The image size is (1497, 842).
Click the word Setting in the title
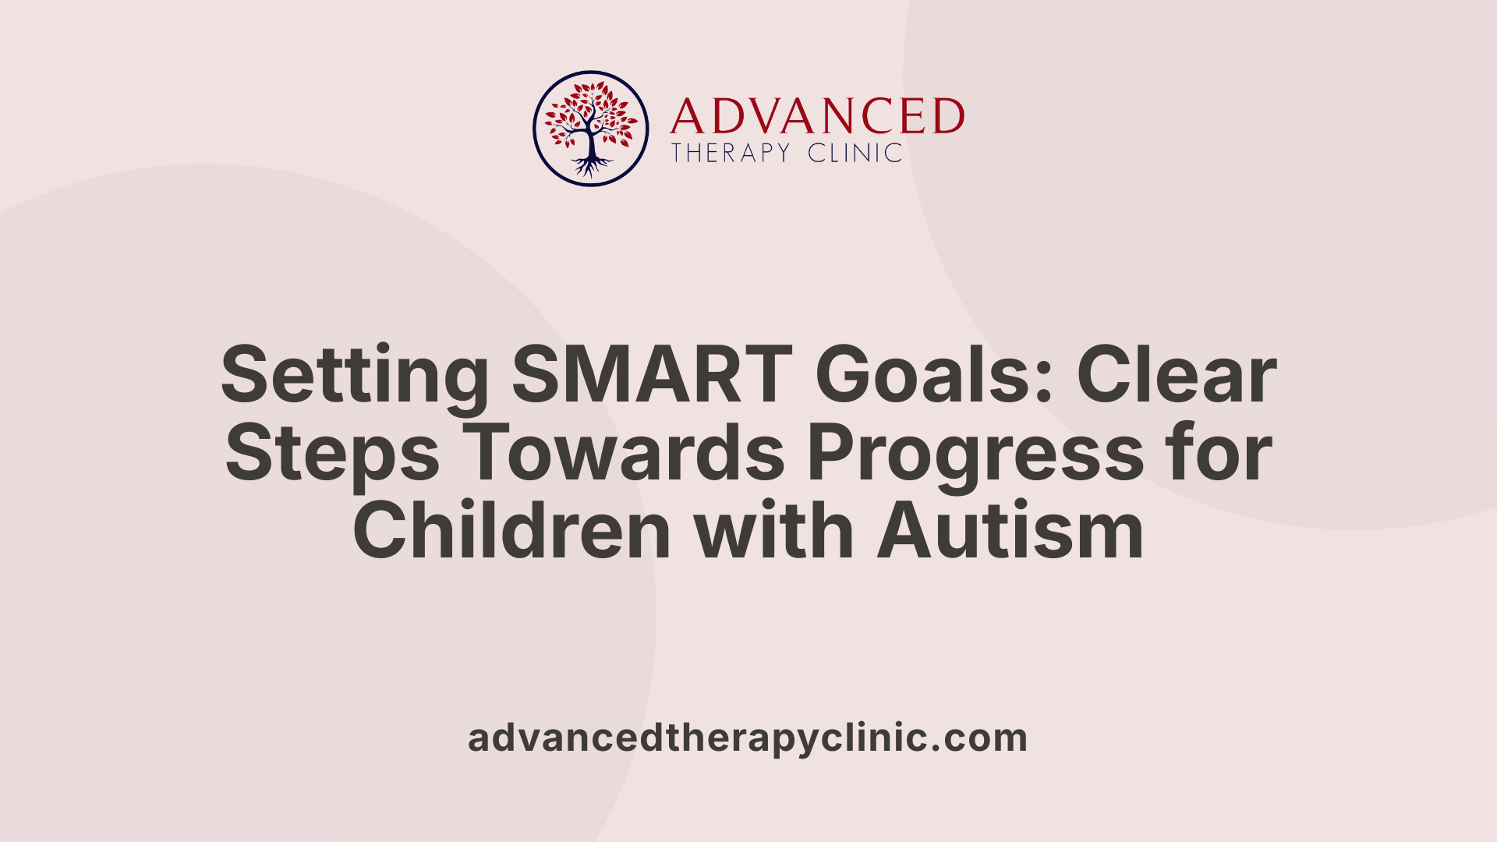point(355,376)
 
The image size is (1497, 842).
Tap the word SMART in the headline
point(652,376)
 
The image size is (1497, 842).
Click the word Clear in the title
point(1177,376)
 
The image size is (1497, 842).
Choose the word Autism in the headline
point(1010,532)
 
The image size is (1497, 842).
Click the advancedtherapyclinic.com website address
point(748,738)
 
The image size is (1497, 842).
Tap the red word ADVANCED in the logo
point(817,116)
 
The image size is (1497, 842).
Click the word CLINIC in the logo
point(855,153)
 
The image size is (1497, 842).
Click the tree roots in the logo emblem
point(591,166)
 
